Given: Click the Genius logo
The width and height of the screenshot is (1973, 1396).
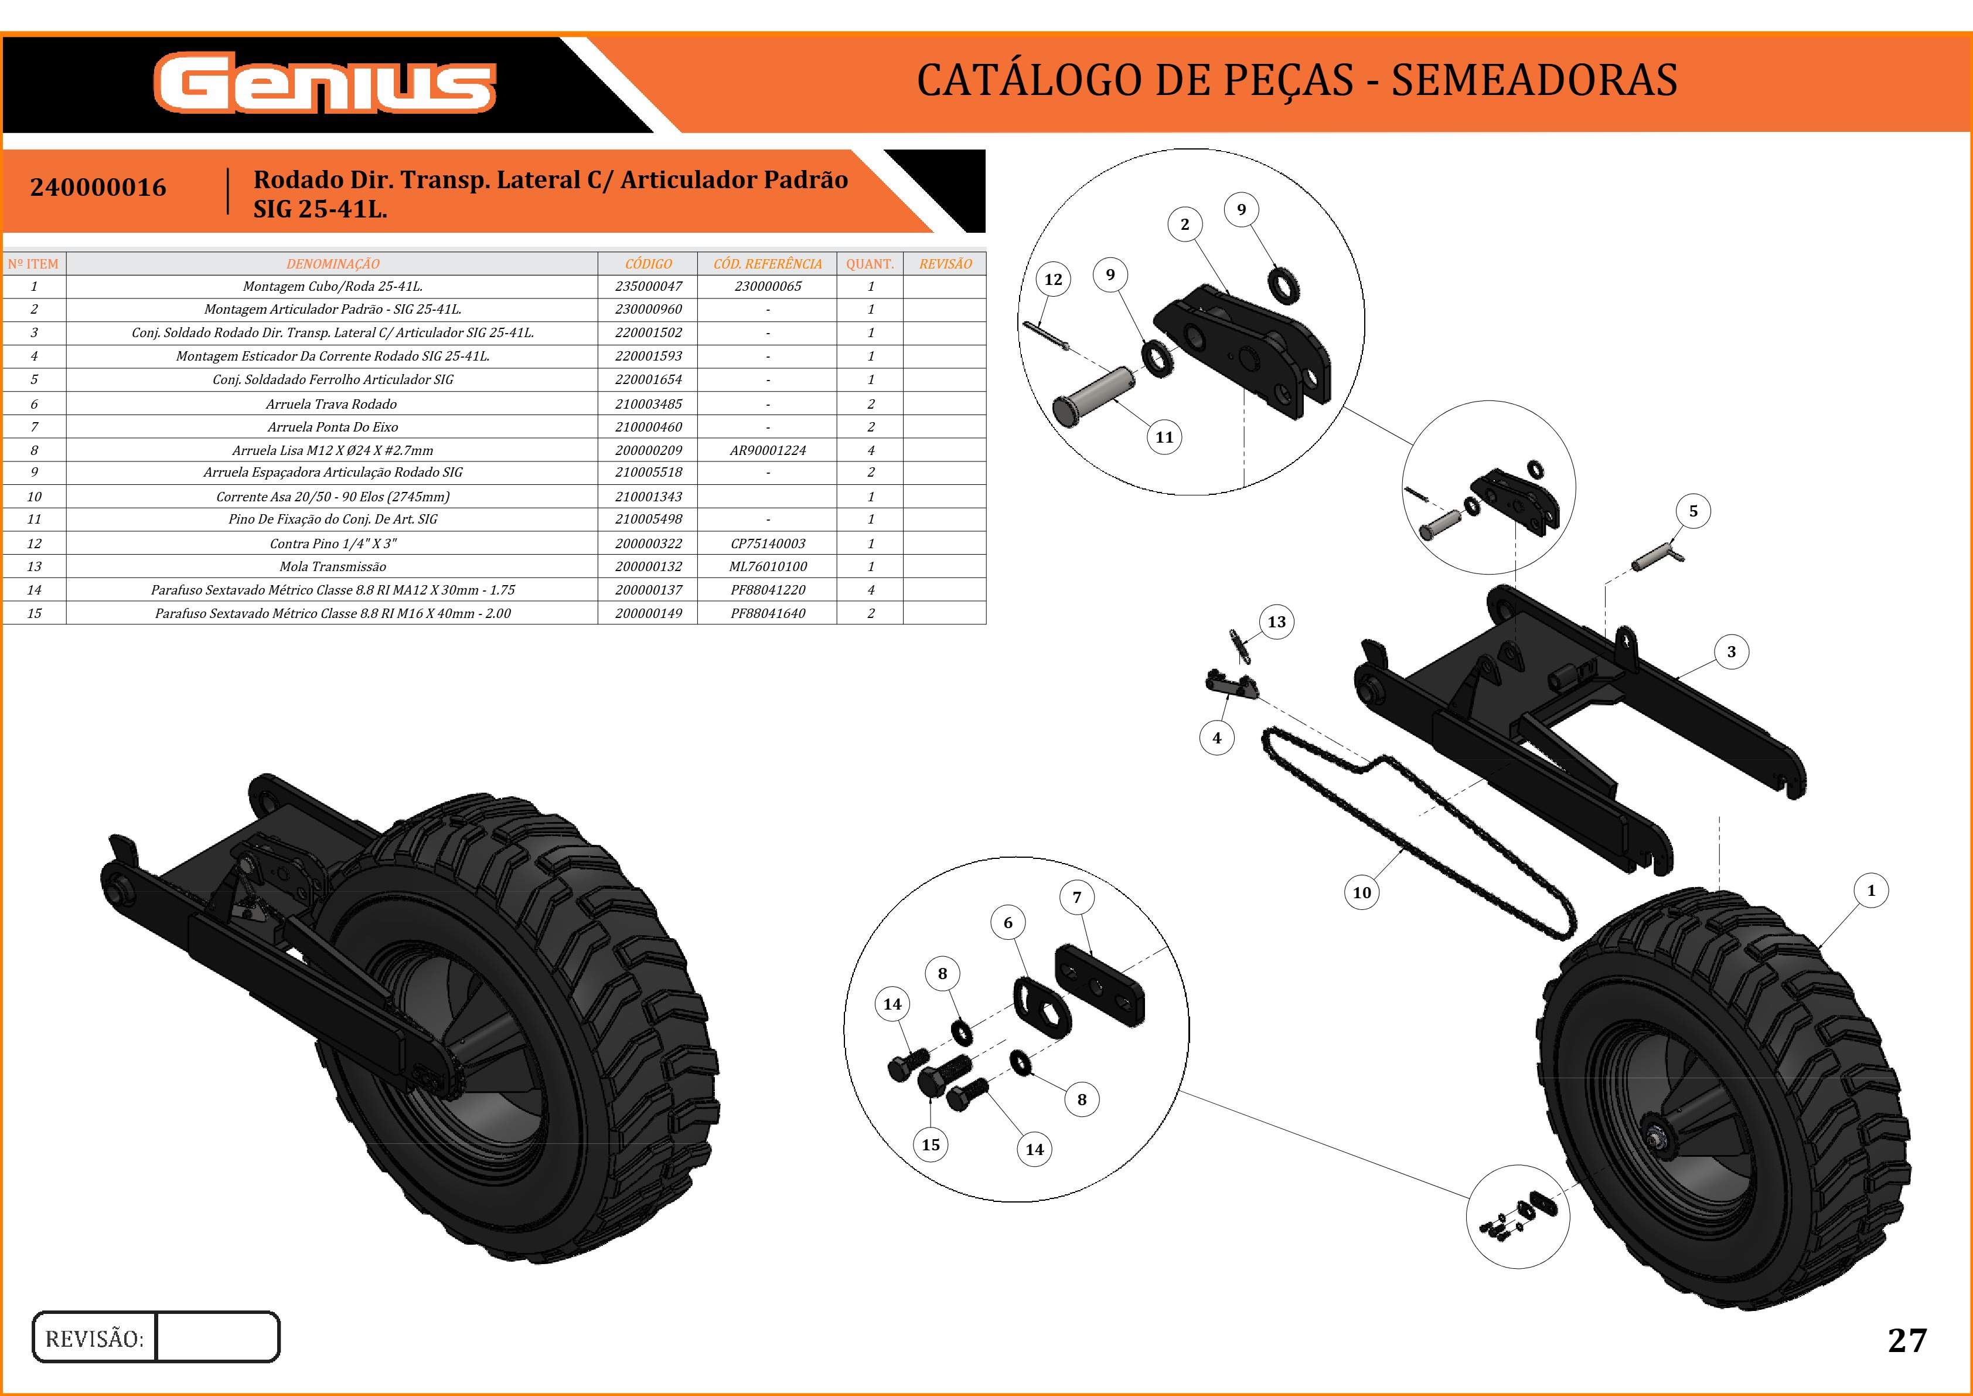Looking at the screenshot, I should coord(325,83).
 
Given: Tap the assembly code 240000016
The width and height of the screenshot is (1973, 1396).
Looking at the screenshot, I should coord(98,188).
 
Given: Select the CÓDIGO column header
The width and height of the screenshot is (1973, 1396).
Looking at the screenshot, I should coord(648,264).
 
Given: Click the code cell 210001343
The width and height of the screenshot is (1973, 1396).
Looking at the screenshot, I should coord(648,497).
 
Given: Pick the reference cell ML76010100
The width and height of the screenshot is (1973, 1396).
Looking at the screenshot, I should coord(768,566).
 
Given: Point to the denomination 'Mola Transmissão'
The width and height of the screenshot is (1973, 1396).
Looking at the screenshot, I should coord(333,566).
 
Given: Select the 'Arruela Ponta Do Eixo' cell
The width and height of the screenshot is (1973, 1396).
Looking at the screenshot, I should coord(333,426).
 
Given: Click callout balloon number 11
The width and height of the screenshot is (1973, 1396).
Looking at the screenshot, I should coord(1164,437).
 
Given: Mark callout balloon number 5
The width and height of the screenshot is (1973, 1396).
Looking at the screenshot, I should coord(1693,511).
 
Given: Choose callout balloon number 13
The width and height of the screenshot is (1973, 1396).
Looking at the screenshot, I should coord(1277,622).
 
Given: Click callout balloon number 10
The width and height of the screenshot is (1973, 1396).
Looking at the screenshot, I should coord(1362,892).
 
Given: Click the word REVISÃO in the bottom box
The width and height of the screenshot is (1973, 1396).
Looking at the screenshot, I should coord(94,1339).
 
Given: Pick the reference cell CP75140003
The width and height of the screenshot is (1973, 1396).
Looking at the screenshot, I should coord(768,544).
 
